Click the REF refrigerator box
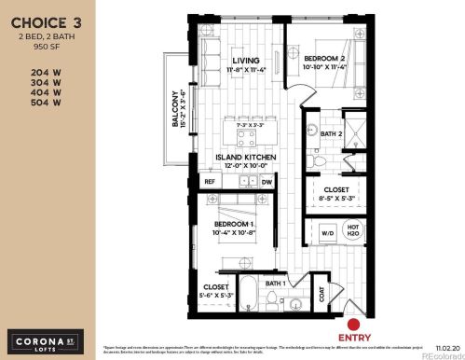click(211, 182)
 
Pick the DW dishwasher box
click(267, 182)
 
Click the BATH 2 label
click(320, 134)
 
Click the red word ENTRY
click(341, 328)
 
